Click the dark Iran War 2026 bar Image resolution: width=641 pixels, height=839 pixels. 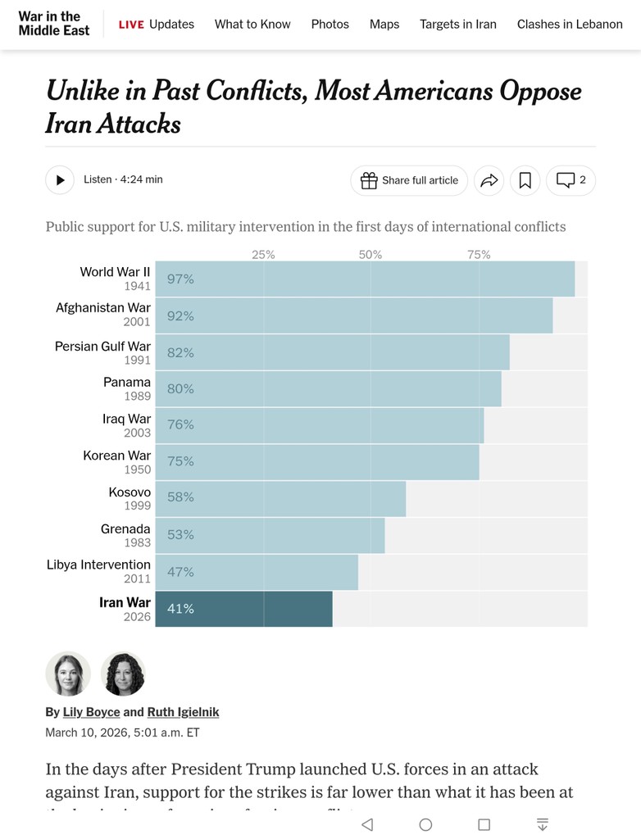point(243,609)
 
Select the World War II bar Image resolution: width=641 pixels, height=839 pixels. point(365,279)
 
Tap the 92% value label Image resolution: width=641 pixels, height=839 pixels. point(180,316)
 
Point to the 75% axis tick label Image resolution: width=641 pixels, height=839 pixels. point(479,255)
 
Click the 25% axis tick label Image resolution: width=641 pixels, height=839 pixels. point(263,255)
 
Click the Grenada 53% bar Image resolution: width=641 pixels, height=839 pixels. point(270,535)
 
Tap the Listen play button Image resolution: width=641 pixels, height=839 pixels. point(60,180)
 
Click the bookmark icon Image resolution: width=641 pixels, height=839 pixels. point(525,180)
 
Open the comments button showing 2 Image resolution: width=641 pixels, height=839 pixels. point(571,180)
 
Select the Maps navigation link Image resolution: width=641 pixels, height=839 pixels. point(384,24)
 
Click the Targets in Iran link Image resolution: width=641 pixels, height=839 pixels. point(458,24)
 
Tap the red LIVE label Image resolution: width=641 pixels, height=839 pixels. point(131,25)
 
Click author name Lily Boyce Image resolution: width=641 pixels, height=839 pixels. point(92,712)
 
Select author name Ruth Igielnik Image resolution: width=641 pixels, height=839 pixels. point(183,712)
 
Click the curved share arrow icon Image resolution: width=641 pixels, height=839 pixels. point(489,180)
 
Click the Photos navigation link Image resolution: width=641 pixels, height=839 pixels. point(330,24)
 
